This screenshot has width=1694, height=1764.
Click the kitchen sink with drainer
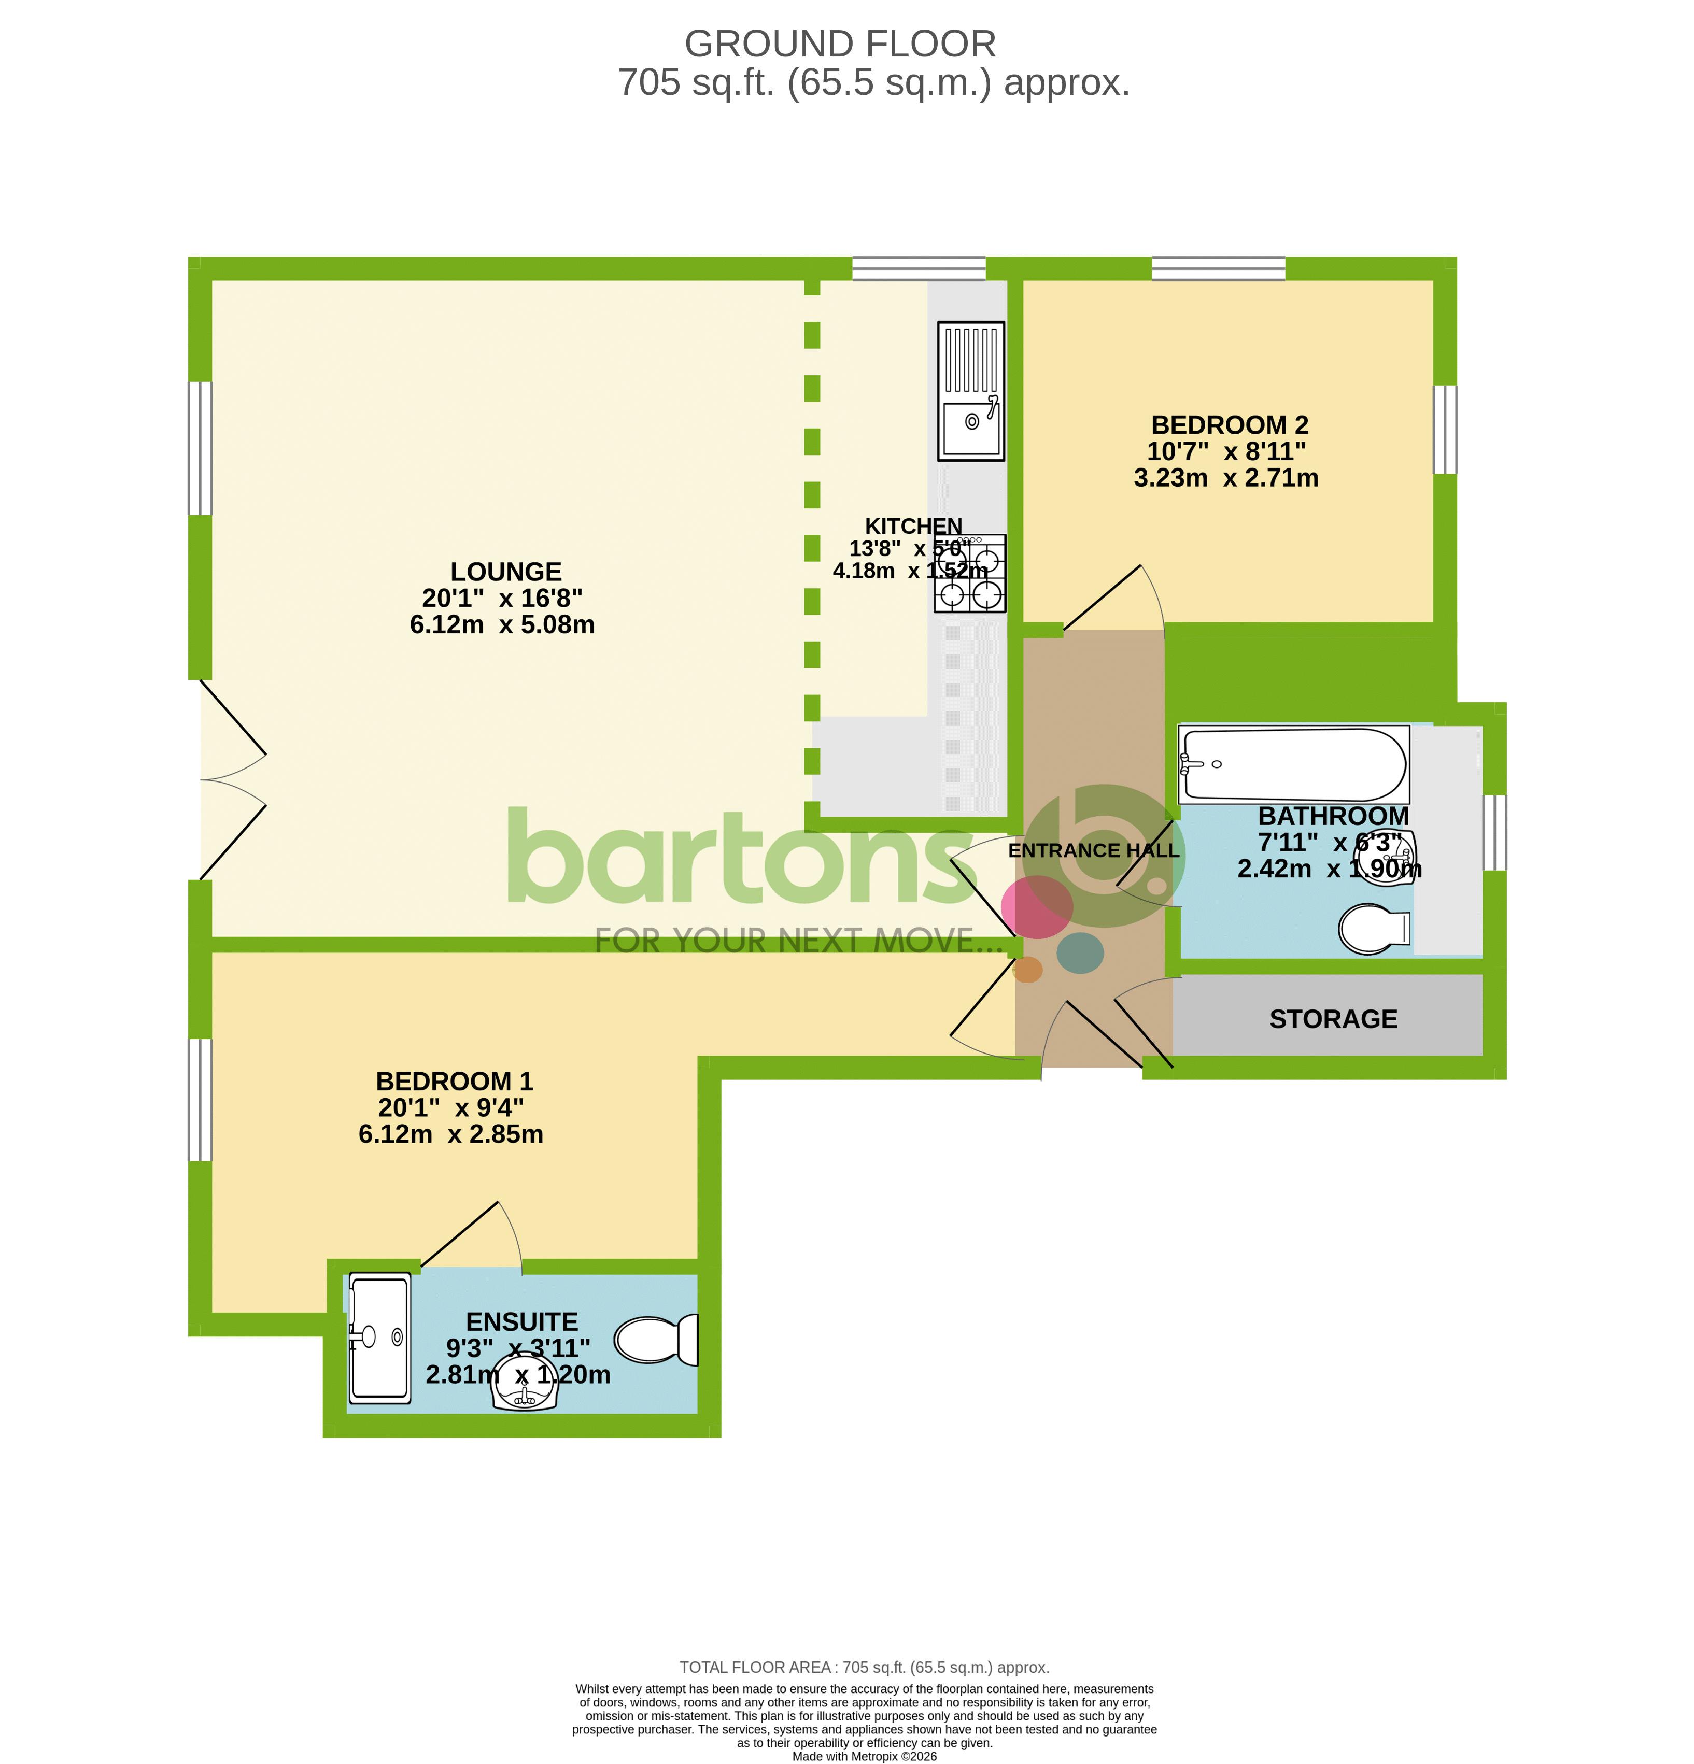pyautogui.click(x=970, y=391)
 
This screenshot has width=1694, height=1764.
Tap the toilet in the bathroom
pyautogui.click(x=1373, y=928)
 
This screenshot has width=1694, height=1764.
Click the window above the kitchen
pyautogui.click(x=918, y=268)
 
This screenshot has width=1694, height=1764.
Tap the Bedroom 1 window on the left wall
pyautogui.click(x=199, y=1100)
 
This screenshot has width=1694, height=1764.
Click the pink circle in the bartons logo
pyautogui.click(x=1037, y=907)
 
